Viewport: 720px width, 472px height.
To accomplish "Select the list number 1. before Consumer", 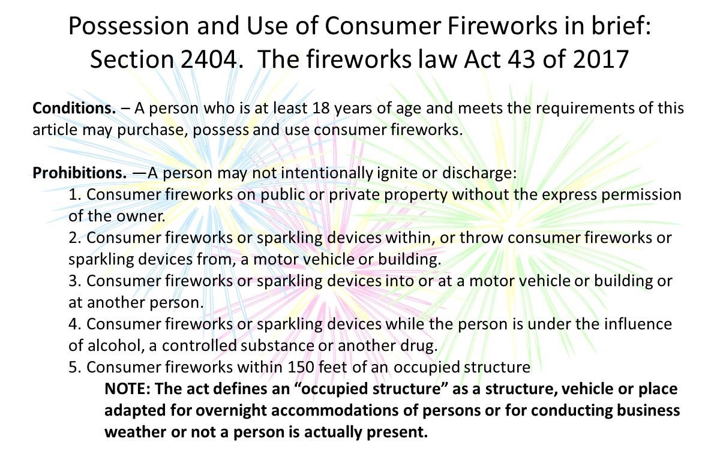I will pos(75,195).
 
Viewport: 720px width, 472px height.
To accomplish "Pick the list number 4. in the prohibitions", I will pos(75,324).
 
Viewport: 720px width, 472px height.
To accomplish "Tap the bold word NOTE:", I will pos(128,389).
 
